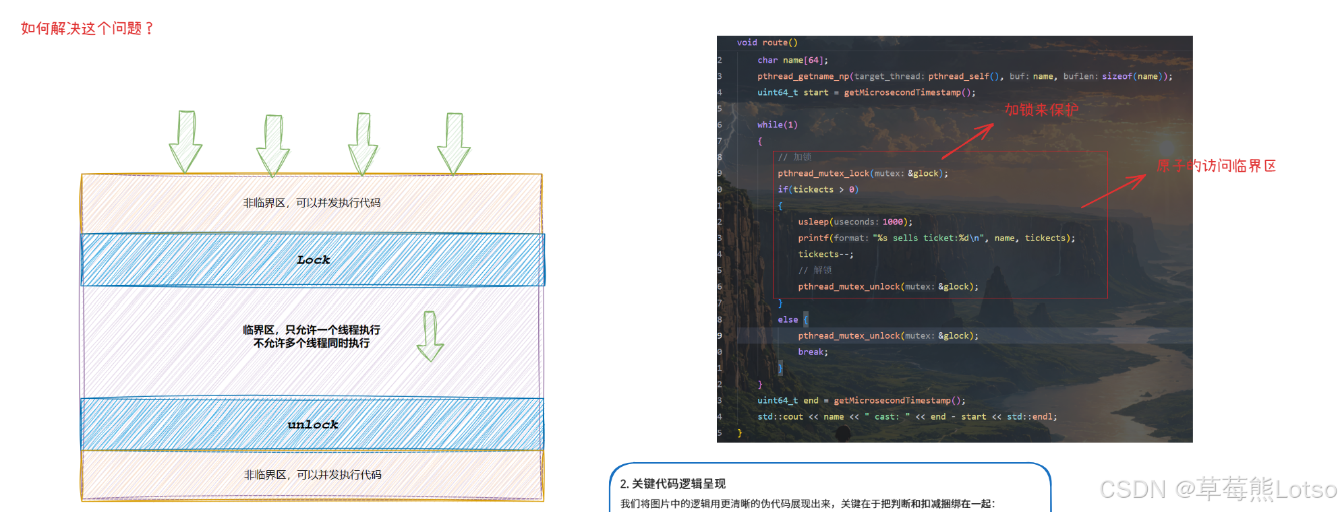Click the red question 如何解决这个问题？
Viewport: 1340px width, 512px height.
coord(87,28)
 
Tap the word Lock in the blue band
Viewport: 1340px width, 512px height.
coord(313,260)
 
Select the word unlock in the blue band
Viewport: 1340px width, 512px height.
coord(313,424)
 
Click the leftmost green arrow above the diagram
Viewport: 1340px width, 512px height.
coord(185,141)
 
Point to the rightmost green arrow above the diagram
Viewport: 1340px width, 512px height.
coord(454,143)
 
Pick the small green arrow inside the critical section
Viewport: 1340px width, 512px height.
coord(430,336)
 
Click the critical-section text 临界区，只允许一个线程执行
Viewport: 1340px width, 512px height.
coord(312,329)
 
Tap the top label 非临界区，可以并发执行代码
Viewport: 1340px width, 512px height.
coord(312,203)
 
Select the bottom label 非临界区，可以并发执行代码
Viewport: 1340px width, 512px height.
coord(312,475)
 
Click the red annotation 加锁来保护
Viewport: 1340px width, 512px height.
coord(1041,110)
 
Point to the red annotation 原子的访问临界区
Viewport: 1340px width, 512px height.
coord(1216,166)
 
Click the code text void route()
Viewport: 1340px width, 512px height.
coord(767,42)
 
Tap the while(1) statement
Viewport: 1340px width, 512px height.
coord(777,125)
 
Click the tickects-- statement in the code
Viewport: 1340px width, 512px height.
coord(825,254)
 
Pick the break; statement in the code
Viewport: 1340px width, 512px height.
coord(813,352)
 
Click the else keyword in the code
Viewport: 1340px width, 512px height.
coord(787,319)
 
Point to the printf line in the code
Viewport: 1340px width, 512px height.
coord(936,238)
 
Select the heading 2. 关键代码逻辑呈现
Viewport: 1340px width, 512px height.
coord(672,484)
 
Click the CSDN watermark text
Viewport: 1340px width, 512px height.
coord(1217,489)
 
